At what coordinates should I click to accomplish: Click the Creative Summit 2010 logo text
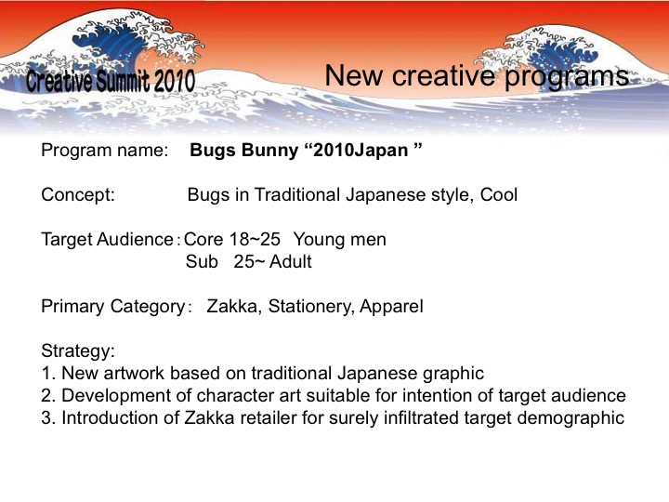(x=111, y=80)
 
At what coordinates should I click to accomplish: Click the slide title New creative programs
(x=477, y=76)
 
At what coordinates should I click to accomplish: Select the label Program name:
(x=105, y=151)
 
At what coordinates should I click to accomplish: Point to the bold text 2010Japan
(x=361, y=151)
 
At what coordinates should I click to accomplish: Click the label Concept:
(x=78, y=195)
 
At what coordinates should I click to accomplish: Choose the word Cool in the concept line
(x=499, y=195)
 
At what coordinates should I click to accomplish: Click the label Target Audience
(x=107, y=240)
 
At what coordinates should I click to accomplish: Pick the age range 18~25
(x=255, y=240)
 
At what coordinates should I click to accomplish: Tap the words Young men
(x=340, y=240)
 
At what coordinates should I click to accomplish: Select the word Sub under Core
(x=202, y=261)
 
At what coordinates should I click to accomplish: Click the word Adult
(x=291, y=261)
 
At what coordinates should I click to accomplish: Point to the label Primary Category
(x=113, y=307)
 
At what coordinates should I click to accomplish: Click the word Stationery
(x=311, y=307)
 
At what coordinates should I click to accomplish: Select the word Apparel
(x=391, y=307)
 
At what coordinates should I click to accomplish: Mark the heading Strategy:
(x=78, y=351)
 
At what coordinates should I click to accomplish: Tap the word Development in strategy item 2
(x=116, y=396)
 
